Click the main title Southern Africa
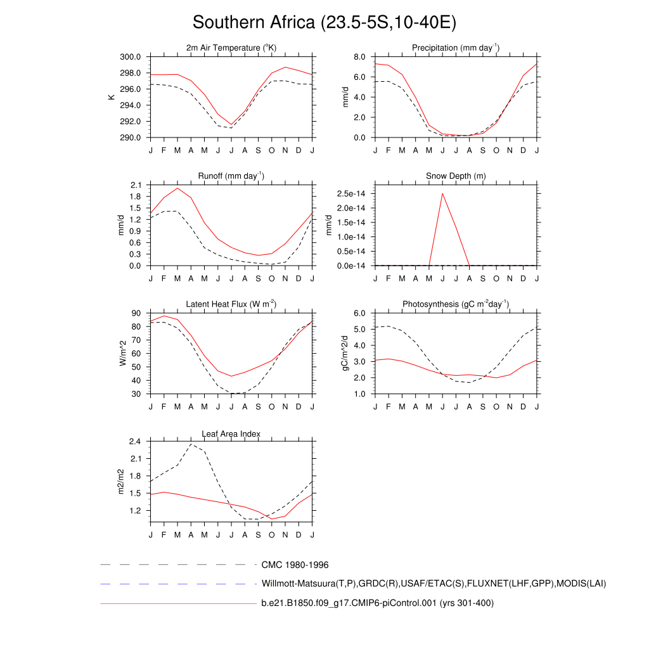click(324, 23)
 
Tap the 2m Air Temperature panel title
click(231, 48)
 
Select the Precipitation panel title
click(456, 48)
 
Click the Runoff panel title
click(231, 176)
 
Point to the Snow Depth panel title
click(456, 176)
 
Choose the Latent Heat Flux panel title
click(231, 304)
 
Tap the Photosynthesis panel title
click(456, 304)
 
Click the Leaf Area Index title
click(231, 434)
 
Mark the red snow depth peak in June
click(442, 193)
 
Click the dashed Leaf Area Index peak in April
click(191, 444)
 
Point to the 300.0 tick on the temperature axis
click(132, 57)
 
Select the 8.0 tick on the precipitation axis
click(359, 57)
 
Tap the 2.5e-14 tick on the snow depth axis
click(350, 193)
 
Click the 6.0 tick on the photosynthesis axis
click(359, 313)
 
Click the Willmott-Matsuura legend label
click(434, 583)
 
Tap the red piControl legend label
click(377, 603)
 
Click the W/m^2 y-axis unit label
click(122, 353)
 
